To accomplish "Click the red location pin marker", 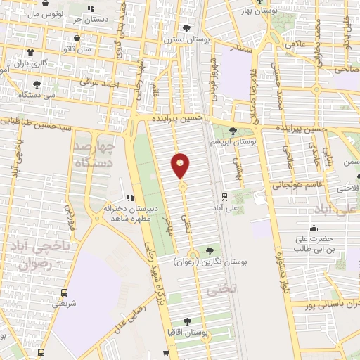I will [x=181, y=166].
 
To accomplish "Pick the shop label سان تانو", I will [x=75, y=50].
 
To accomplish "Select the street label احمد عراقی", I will [x=106, y=84].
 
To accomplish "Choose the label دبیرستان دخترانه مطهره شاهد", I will [x=133, y=214].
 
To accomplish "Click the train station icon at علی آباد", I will [x=224, y=196].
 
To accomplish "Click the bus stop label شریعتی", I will [x=64, y=304].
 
